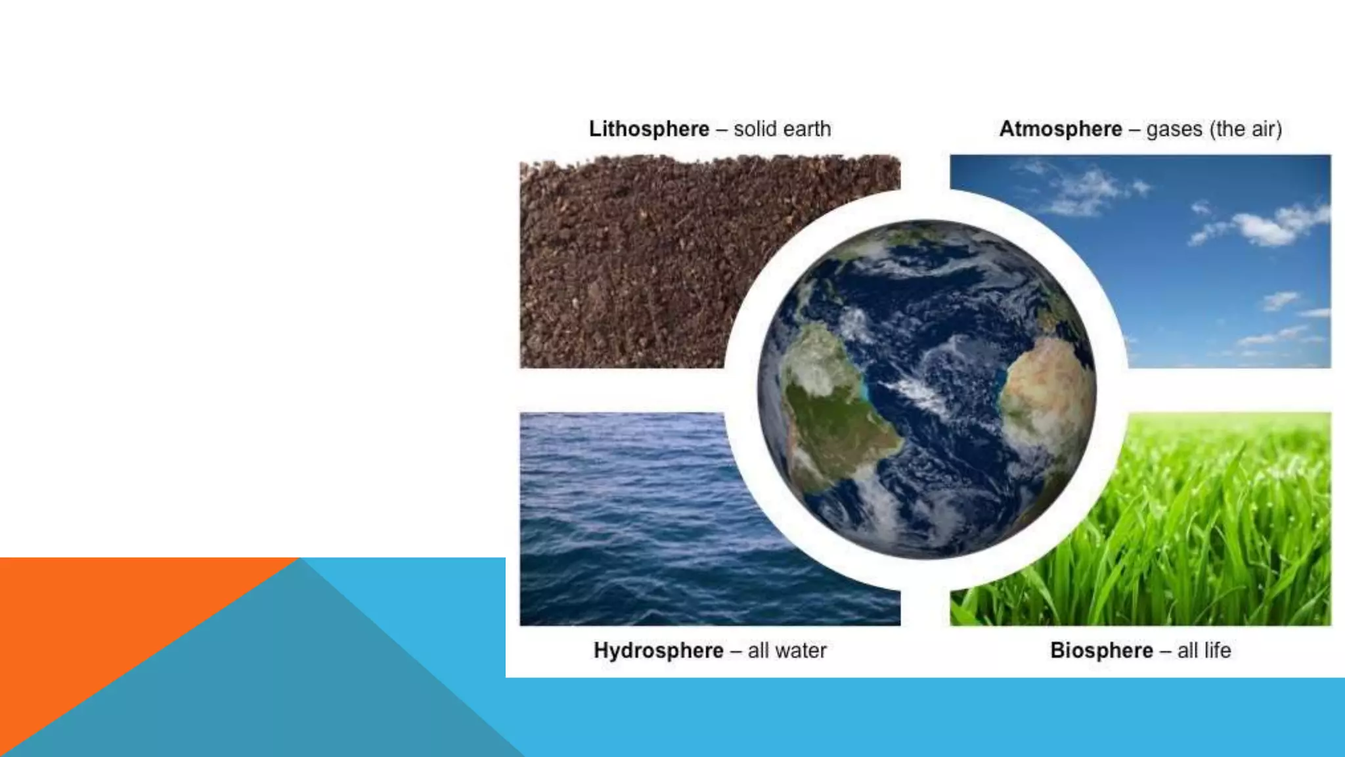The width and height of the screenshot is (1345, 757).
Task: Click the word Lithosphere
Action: (x=649, y=129)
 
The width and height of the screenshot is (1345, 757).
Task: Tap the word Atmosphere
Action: (x=1060, y=129)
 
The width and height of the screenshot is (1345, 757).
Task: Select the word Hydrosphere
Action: (x=658, y=651)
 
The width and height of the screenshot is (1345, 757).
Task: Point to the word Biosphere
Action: (x=1101, y=651)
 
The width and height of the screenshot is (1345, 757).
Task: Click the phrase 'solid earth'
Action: (x=782, y=129)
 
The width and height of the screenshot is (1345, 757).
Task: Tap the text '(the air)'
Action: (x=1248, y=129)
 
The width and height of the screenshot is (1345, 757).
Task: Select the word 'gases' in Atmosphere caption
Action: (x=1174, y=129)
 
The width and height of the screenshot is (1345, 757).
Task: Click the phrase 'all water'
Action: (x=787, y=651)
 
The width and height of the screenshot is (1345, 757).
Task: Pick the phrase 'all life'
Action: (x=1204, y=651)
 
